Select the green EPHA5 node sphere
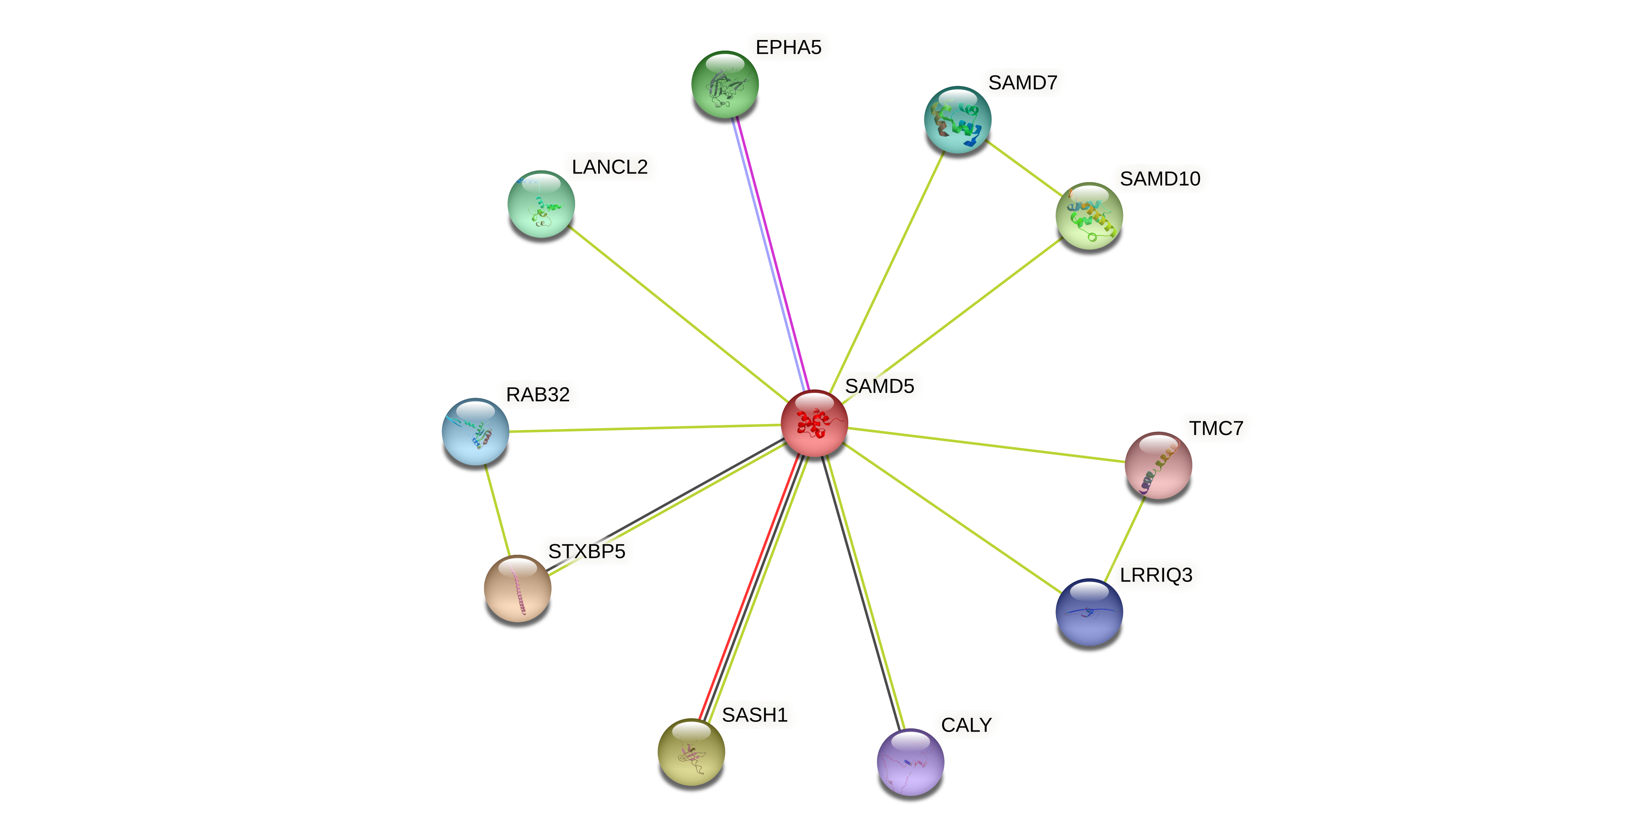724,84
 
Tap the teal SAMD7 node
957,119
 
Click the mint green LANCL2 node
541,204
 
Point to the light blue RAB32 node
476,432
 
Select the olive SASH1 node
691,752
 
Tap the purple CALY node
910,762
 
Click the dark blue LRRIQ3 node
1089,612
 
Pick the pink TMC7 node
1158,465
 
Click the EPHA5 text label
788,47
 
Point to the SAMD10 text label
1160,179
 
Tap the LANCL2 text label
610,168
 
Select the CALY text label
966,725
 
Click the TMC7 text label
1215,428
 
